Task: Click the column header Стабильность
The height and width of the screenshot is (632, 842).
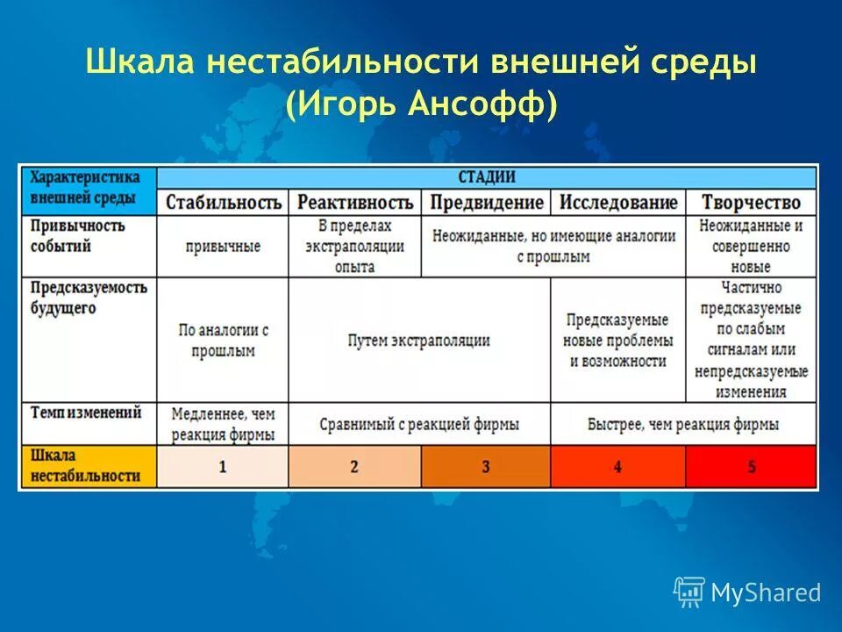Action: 223,202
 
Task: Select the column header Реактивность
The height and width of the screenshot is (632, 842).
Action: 354,202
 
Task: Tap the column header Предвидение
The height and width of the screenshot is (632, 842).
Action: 486,202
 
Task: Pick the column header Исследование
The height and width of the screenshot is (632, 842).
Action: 618,202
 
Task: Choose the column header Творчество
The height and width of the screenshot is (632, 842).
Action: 751,202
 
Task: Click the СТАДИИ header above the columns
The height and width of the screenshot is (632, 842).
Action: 486,176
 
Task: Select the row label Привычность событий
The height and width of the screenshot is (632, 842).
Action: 79,236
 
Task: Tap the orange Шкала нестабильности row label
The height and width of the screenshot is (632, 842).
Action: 86,466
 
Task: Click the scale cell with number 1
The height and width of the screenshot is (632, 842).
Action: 223,466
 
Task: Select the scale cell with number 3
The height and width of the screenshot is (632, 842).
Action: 486,466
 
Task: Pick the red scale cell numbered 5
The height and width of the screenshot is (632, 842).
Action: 751,466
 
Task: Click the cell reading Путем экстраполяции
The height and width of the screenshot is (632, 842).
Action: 418,341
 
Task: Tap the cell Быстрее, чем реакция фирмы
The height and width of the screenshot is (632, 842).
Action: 683,424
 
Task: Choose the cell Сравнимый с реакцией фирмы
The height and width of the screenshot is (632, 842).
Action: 418,424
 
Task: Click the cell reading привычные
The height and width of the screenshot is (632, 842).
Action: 223,247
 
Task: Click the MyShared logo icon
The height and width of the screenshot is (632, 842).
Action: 689,592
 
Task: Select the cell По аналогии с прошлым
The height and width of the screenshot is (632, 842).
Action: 223,341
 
